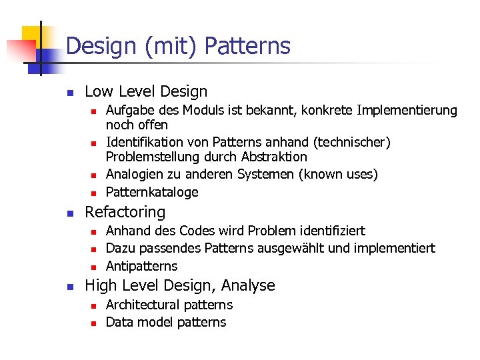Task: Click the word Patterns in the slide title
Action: [x=247, y=46]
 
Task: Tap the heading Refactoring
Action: [x=125, y=212]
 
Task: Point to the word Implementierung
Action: [x=408, y=110]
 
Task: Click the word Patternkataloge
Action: [x=152, y=193]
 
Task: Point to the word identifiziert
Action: [x=326, y=231]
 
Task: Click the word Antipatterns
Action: [x=142, y=266]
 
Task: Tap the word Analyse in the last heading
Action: [x=249, y=285]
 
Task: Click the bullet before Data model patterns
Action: [x=94, y=323]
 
